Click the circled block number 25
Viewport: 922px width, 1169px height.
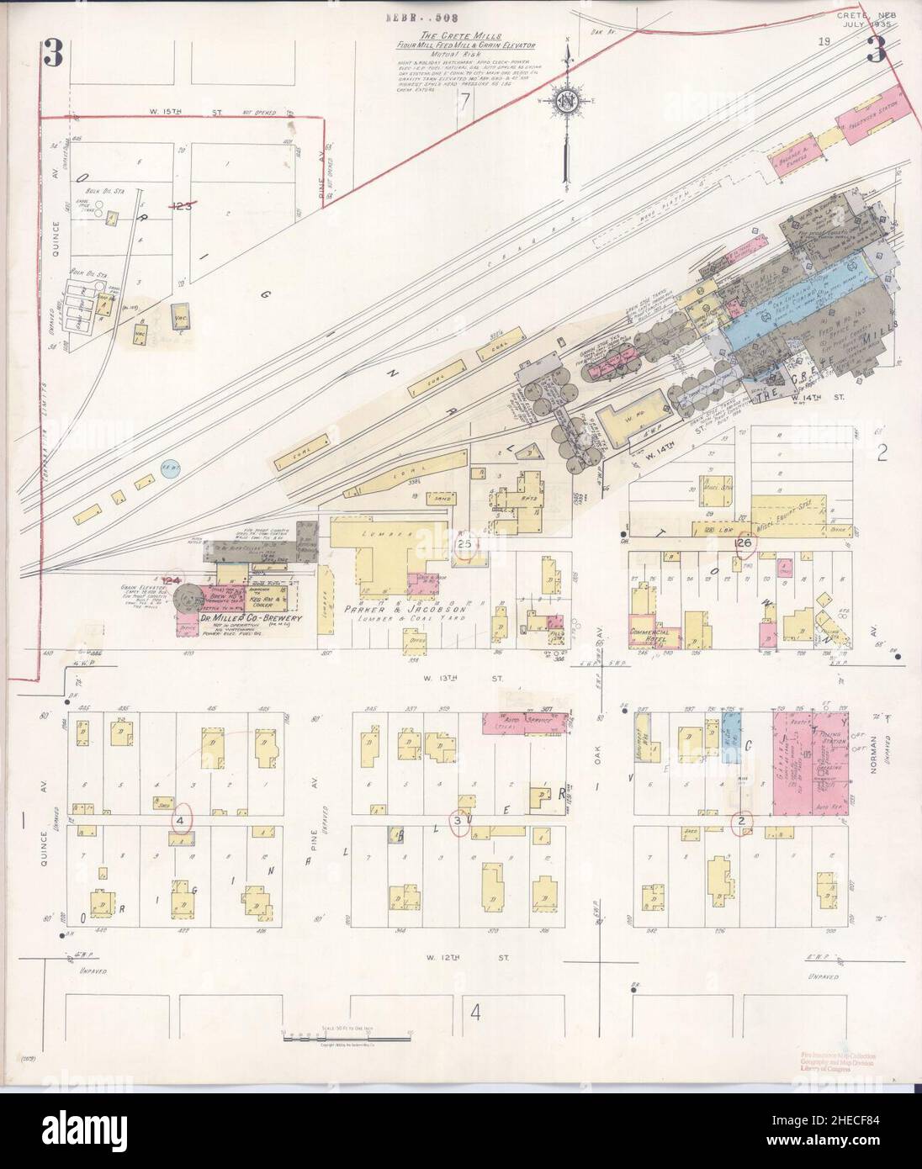pos(465,544)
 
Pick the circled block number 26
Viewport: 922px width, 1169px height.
pos(744,543)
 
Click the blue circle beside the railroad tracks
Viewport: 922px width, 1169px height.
pos(171,469)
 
